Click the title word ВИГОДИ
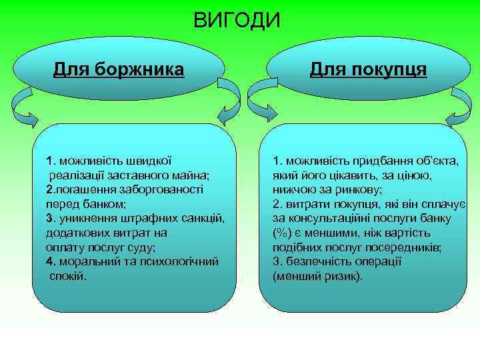pos(237,21)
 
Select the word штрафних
pos(151,219)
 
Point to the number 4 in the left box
pos(49,261)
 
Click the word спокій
pos(68,276)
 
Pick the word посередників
pos(405,247)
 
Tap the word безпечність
pos(318,261)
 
